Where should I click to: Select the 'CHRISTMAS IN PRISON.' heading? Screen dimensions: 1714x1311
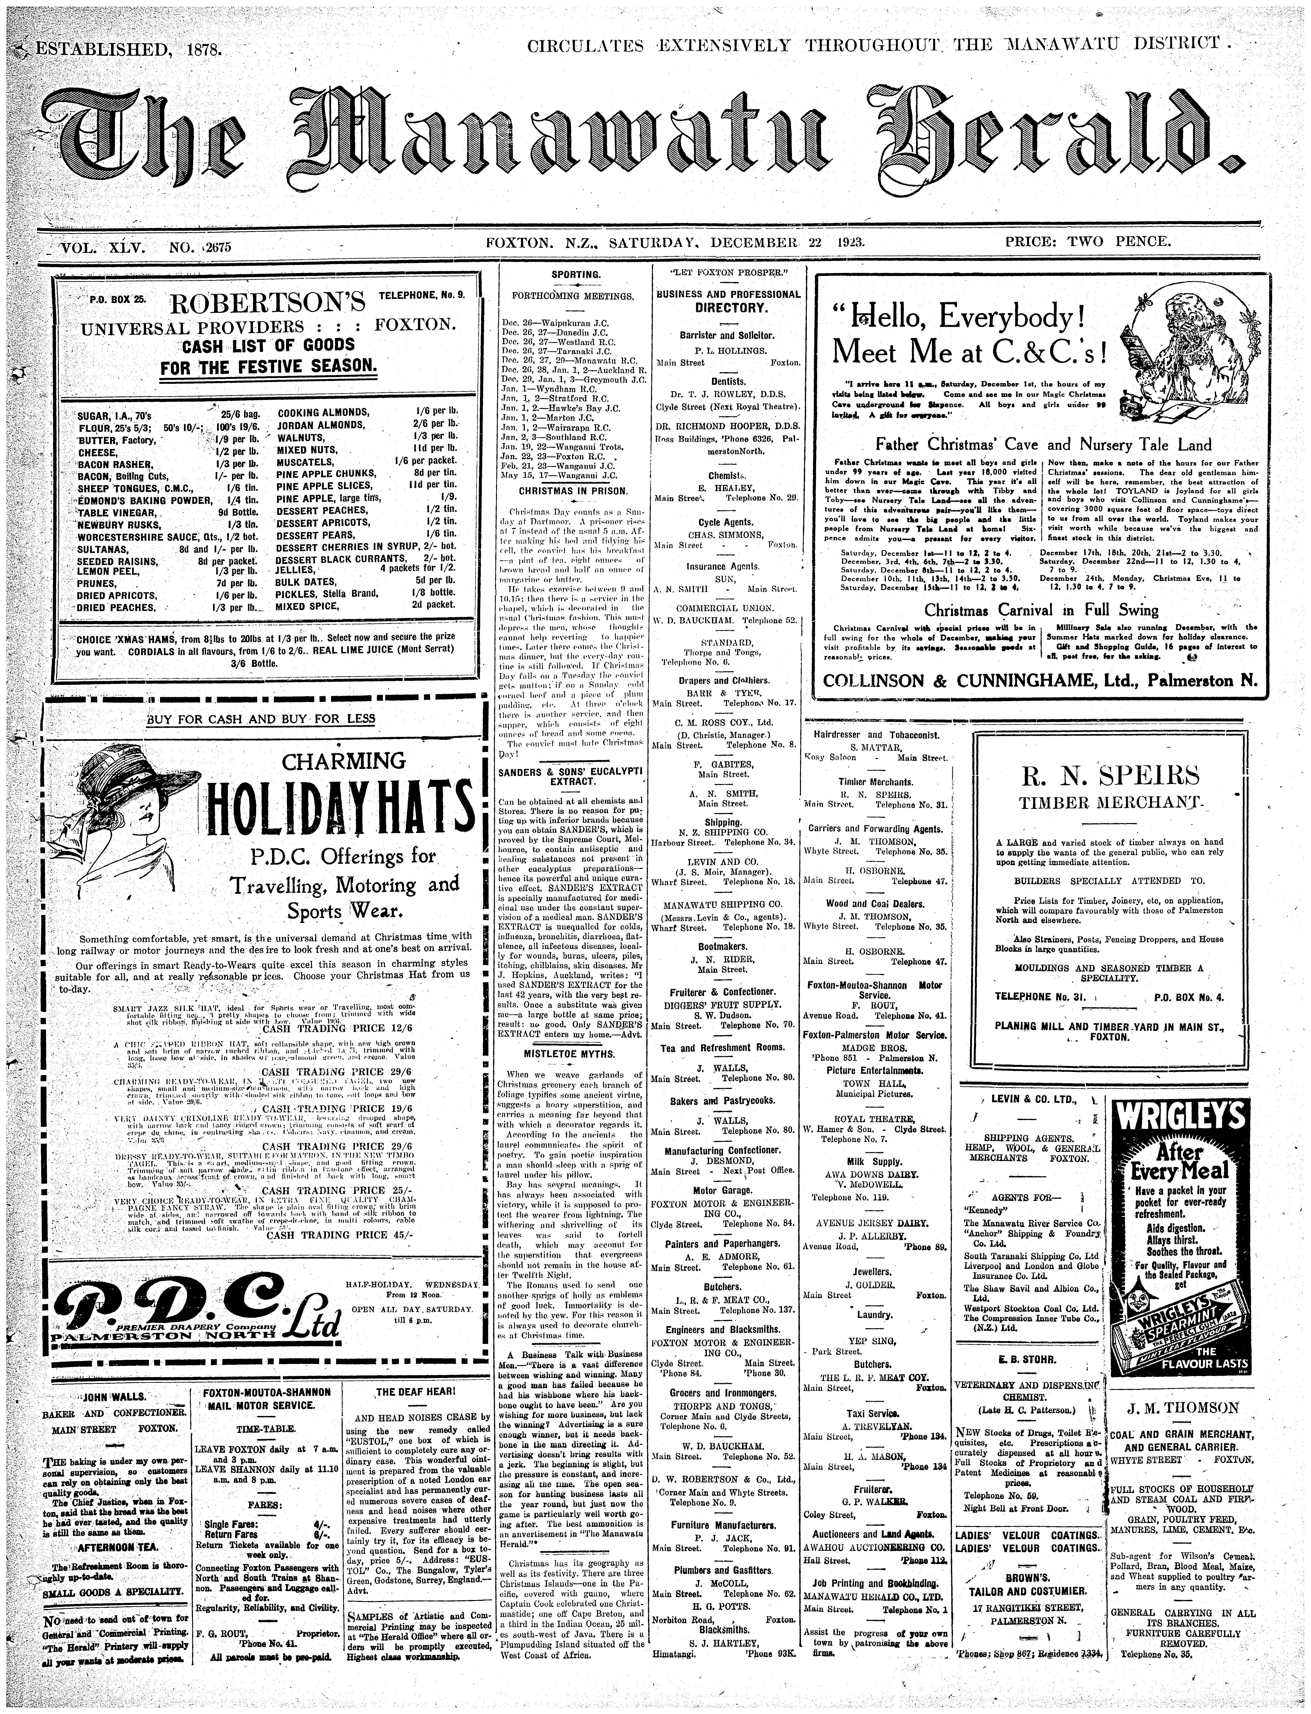click(x=575, y=491)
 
